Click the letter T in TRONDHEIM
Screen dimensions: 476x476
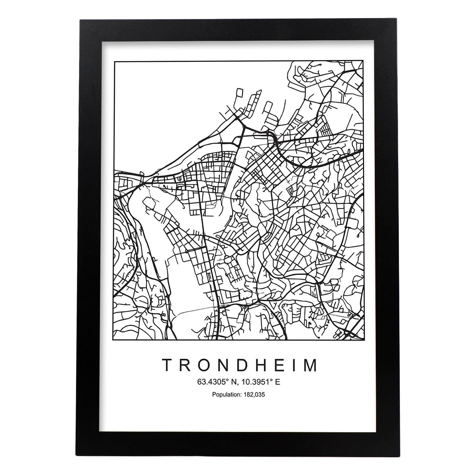click(x=168, y=365)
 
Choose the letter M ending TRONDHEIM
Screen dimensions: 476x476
click(x=310, y=365)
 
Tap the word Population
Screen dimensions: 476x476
click(x=226, y=395)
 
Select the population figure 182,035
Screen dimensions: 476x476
click(x=254, y=395)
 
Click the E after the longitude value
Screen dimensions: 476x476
click(x=278, y=382)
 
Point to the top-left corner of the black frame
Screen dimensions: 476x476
click(x=81, y=20)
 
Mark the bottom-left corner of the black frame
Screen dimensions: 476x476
click(x=81, y=456)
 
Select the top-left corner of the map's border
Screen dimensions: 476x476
click(x=115, y=61)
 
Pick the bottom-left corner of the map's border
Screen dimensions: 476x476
click(x=115, y=340)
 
